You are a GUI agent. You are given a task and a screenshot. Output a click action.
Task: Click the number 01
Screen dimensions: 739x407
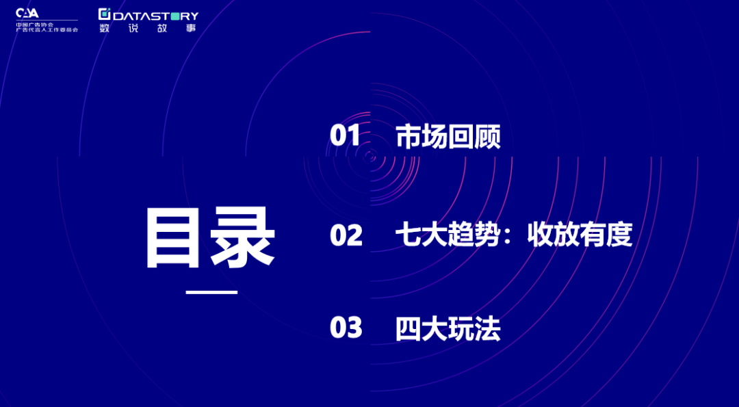pos(345,136)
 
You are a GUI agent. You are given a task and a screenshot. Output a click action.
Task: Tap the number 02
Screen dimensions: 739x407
pos(346,235)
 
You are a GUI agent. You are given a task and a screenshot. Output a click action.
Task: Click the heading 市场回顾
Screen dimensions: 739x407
pos(448,137)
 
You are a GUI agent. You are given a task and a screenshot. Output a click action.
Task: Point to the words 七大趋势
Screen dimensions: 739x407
pos(448,235)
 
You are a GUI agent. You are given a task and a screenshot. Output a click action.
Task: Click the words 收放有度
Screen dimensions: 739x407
pos(580,235)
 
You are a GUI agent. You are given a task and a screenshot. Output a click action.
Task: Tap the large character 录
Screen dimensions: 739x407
pos(242,238)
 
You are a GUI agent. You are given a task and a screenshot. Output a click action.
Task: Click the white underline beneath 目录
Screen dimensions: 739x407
pos(211,293)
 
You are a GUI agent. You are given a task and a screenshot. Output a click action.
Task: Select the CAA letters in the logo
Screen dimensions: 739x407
pos(27,13)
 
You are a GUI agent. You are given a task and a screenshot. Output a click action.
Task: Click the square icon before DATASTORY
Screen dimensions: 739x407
pos(104,14)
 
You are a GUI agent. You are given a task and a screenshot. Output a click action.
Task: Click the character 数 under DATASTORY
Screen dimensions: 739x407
pos(104,28)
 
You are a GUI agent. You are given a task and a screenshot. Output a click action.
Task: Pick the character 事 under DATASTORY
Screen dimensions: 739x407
pos(191,28)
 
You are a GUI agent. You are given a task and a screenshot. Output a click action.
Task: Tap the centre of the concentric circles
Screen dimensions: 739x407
pos(370,156)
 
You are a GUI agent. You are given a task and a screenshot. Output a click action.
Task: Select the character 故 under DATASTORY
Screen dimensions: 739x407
pos(162,28)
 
